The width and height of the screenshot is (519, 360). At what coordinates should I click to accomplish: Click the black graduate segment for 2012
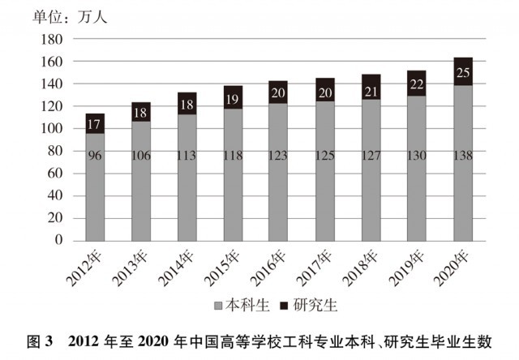click(x=95, y=123)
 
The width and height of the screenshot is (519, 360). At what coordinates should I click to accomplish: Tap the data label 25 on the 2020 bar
click(x=463, y=73)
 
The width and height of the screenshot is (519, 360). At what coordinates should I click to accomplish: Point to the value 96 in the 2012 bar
click(x=95, y=154)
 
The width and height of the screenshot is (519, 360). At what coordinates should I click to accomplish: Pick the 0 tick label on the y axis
click(x=59, y=241)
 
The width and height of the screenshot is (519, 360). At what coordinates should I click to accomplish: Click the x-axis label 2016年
click(x=267, y=266)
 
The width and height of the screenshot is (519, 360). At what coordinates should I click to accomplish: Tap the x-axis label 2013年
click(x=129, y=266)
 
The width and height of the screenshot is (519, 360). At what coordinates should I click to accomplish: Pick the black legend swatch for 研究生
click(x=283, y=307)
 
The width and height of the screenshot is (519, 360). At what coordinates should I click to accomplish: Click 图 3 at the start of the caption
click(x=41, y=340)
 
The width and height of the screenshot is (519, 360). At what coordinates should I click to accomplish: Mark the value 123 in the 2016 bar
click(x=279, y=154)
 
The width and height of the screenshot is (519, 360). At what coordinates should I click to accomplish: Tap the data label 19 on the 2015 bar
click(x=234, y=99)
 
